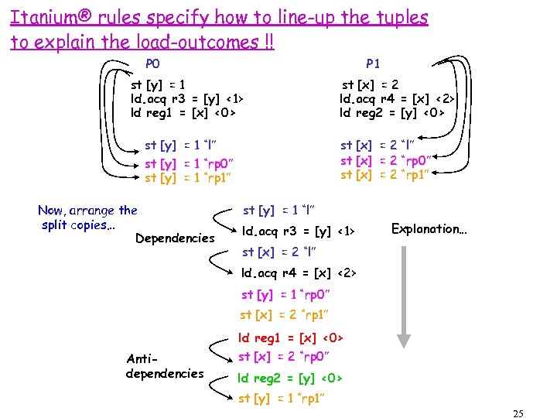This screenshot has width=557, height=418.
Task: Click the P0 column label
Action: click(153, 63)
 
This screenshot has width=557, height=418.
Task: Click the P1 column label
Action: click(373, 63)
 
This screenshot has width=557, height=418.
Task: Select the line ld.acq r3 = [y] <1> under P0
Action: click(187, 98)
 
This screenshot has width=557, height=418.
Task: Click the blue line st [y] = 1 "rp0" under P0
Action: click(190, 163)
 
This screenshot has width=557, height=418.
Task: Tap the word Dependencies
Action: click(175, 238)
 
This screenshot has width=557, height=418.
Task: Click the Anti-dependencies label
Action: click(164, 366)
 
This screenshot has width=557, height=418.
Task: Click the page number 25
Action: click(518, 413)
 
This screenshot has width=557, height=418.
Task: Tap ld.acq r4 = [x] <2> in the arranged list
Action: click(298, 272)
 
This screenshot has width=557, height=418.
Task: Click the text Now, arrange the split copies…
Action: click(87, 217)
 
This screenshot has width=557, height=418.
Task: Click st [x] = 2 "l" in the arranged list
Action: click(278, 252)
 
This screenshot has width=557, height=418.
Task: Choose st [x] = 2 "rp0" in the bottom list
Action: click(284, 357)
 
